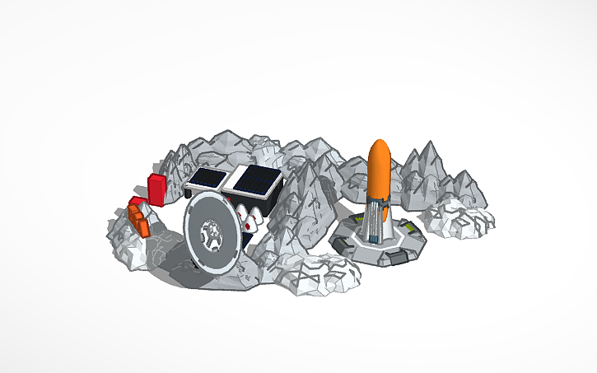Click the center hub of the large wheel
(212, 235)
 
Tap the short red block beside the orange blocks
(135, 203)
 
